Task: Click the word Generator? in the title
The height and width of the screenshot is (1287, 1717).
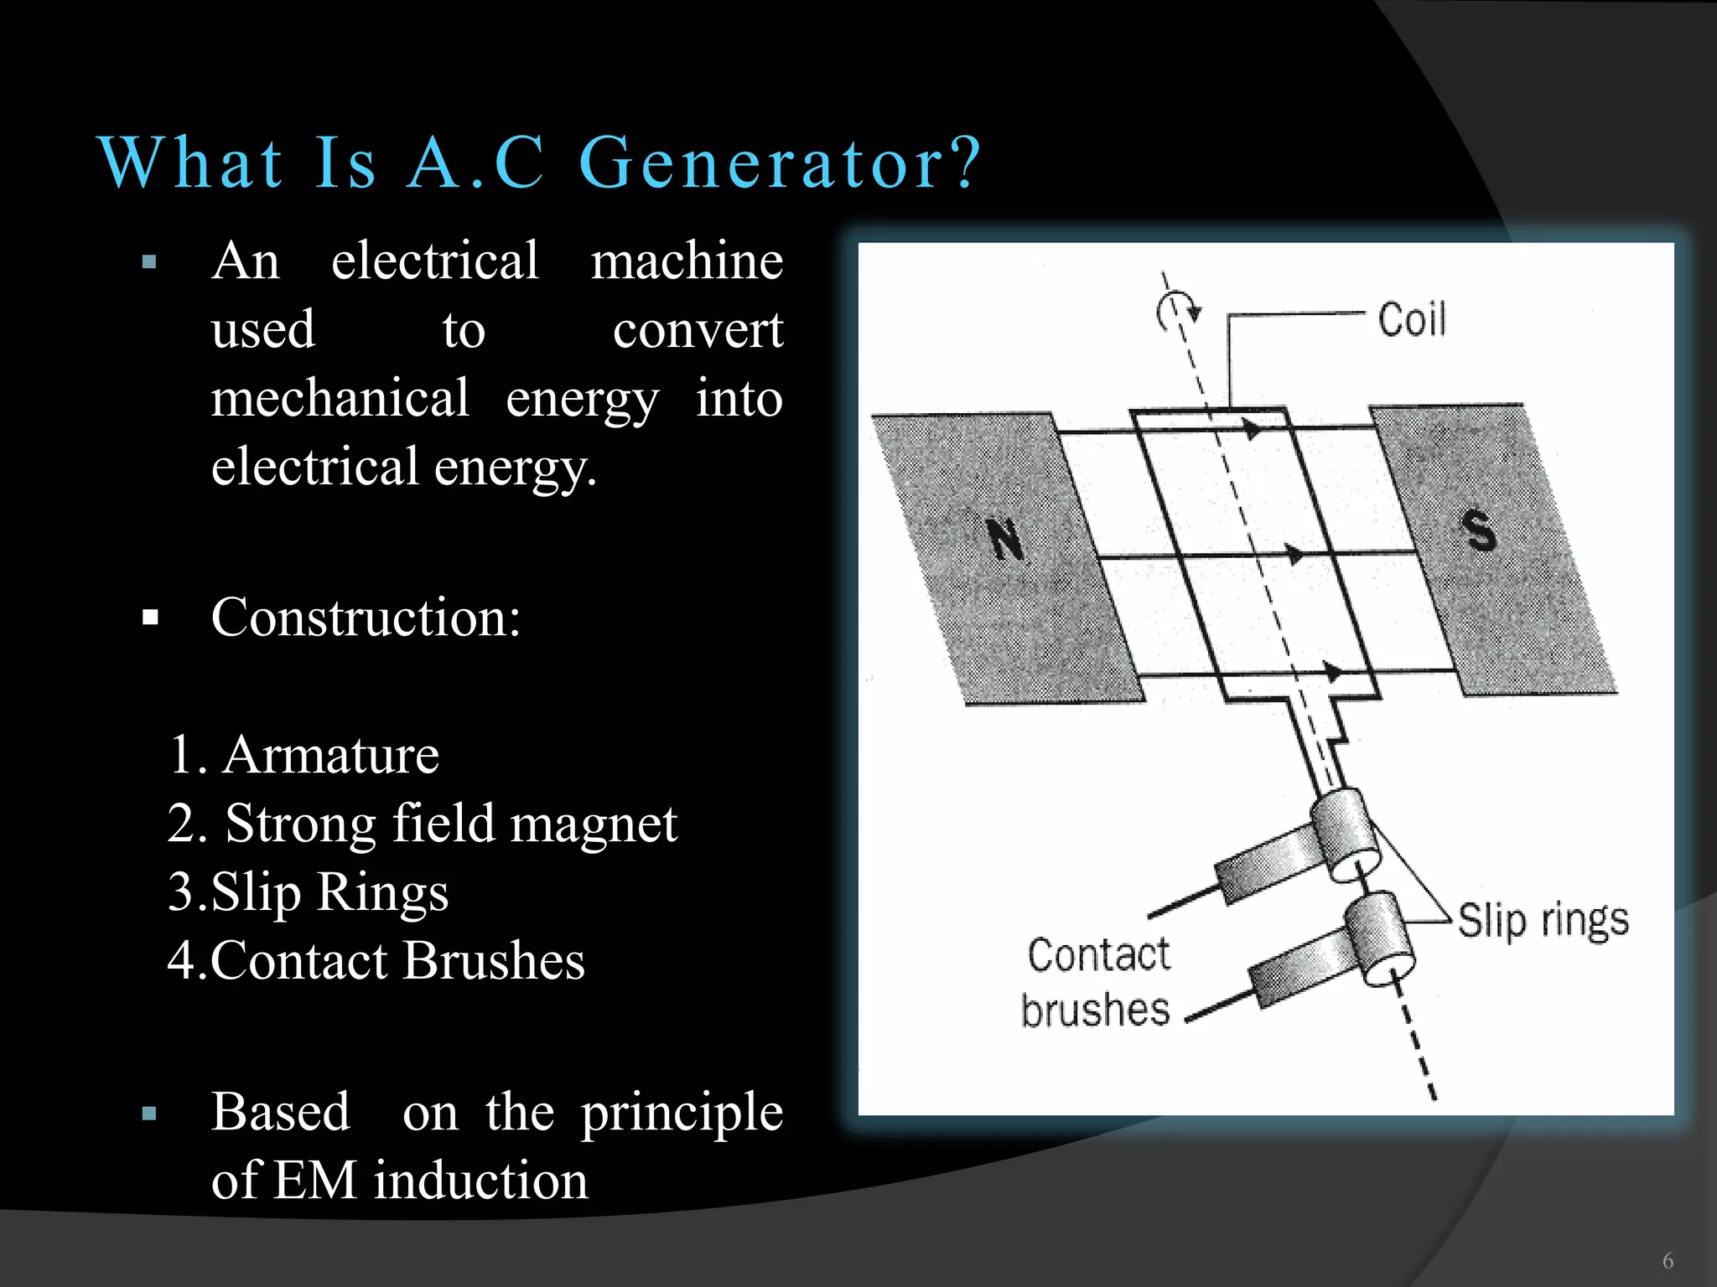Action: click(780, 163)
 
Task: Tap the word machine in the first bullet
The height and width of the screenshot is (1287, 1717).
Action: click(687, 261)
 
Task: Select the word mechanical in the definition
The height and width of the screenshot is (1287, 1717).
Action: click(340, 398)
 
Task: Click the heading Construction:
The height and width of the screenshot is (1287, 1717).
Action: click(366, 618)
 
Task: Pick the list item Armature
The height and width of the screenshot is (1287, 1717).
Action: click(330, 755)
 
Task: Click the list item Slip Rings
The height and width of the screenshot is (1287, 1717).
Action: click(329, 892)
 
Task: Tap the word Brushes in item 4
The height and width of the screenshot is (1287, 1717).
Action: click(495, 960)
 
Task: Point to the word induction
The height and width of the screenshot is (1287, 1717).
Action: click(481, 1181)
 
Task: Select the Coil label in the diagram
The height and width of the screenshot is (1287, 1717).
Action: click(1412, 320)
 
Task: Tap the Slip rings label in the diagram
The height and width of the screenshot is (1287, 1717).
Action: click(1543, 921)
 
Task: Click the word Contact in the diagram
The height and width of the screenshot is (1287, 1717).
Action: click(1098, 955)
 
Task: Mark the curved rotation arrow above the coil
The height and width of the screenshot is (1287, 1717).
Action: click(1177, 312)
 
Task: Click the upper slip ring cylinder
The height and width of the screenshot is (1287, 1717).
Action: click(1344, 835)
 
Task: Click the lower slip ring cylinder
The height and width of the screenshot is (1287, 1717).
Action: click(1380, 938)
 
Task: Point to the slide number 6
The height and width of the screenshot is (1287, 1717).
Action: click(1668, 1260)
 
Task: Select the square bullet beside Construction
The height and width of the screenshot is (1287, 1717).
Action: click(151, 619)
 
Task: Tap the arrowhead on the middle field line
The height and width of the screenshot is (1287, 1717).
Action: click(1295, 554)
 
